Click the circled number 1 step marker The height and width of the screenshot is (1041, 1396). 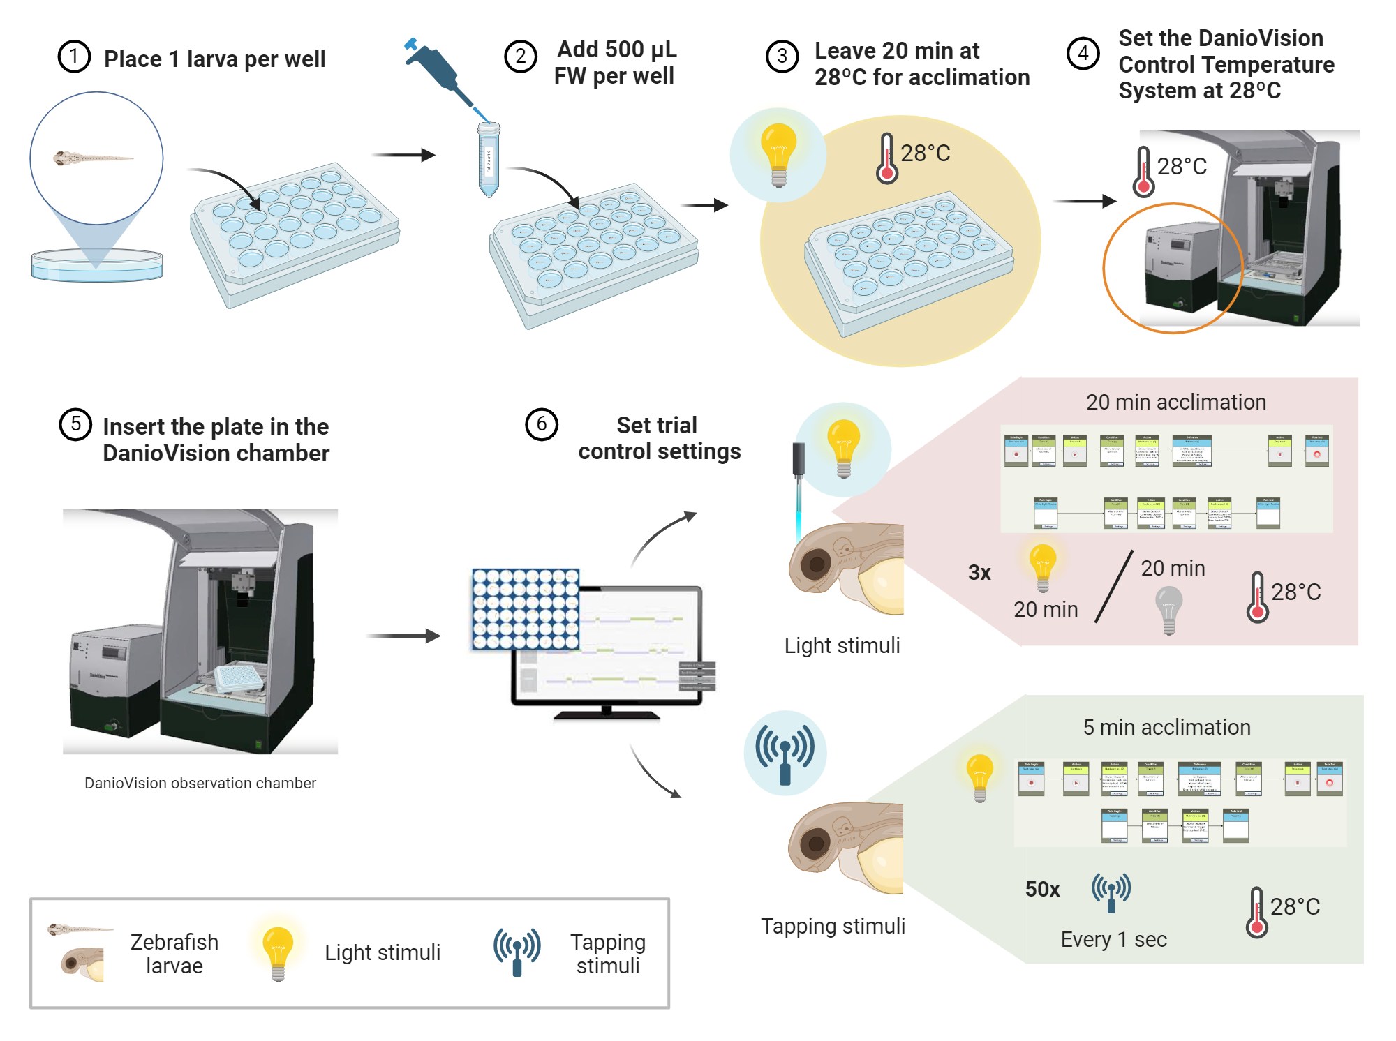tap(74, 57)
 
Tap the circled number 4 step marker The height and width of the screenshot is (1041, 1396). tap(1083, 53)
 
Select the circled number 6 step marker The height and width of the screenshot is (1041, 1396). tap(541, 424)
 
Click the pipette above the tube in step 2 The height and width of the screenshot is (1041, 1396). tap(438, 73)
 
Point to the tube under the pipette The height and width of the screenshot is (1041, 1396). tap(489, 159)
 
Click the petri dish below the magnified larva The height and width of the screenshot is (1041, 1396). tap(96, 267)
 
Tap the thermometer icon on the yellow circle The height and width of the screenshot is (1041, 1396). tap(886, 159)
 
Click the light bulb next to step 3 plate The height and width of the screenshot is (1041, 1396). tap(778, 153)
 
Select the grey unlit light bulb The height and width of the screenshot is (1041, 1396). tap(1169, 609)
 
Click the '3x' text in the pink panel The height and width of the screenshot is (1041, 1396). tap(979, 573)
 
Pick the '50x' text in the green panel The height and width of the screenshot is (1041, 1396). tap(1042, 890)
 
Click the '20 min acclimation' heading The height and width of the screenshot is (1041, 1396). tap(1175, 403)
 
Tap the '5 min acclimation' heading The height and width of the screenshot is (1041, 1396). tap(1166, 728)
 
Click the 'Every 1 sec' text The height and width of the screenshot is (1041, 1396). tap(1113, 940)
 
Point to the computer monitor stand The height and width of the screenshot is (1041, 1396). tap(606, 712)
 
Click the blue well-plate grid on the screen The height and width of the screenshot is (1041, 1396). tap(526, 609)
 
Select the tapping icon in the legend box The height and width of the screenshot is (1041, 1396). tap(517, 951)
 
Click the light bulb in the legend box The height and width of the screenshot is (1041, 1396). tap(278, 952)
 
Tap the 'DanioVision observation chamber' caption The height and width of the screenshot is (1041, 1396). tap(200, 784)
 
